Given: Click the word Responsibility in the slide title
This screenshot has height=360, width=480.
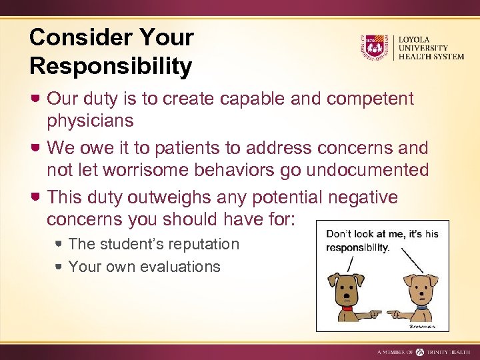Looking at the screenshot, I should pos(111,66).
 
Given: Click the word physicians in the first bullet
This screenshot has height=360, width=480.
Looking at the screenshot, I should pos(90,121).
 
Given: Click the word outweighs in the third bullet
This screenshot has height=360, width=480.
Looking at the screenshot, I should pos(162,197).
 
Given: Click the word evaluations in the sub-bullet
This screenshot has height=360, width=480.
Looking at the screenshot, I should pos(180,267).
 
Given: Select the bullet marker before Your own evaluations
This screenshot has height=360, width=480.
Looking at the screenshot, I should pos(59,267).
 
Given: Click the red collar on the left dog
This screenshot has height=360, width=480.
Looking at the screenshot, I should pos(346,308).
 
